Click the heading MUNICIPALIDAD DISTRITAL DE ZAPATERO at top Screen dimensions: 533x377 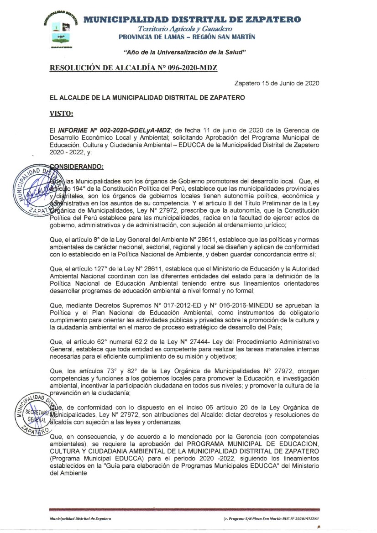(192, 19)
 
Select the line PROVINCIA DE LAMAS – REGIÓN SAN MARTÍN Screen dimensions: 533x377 (187, 37)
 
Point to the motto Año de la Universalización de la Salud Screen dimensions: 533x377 (185, 52)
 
